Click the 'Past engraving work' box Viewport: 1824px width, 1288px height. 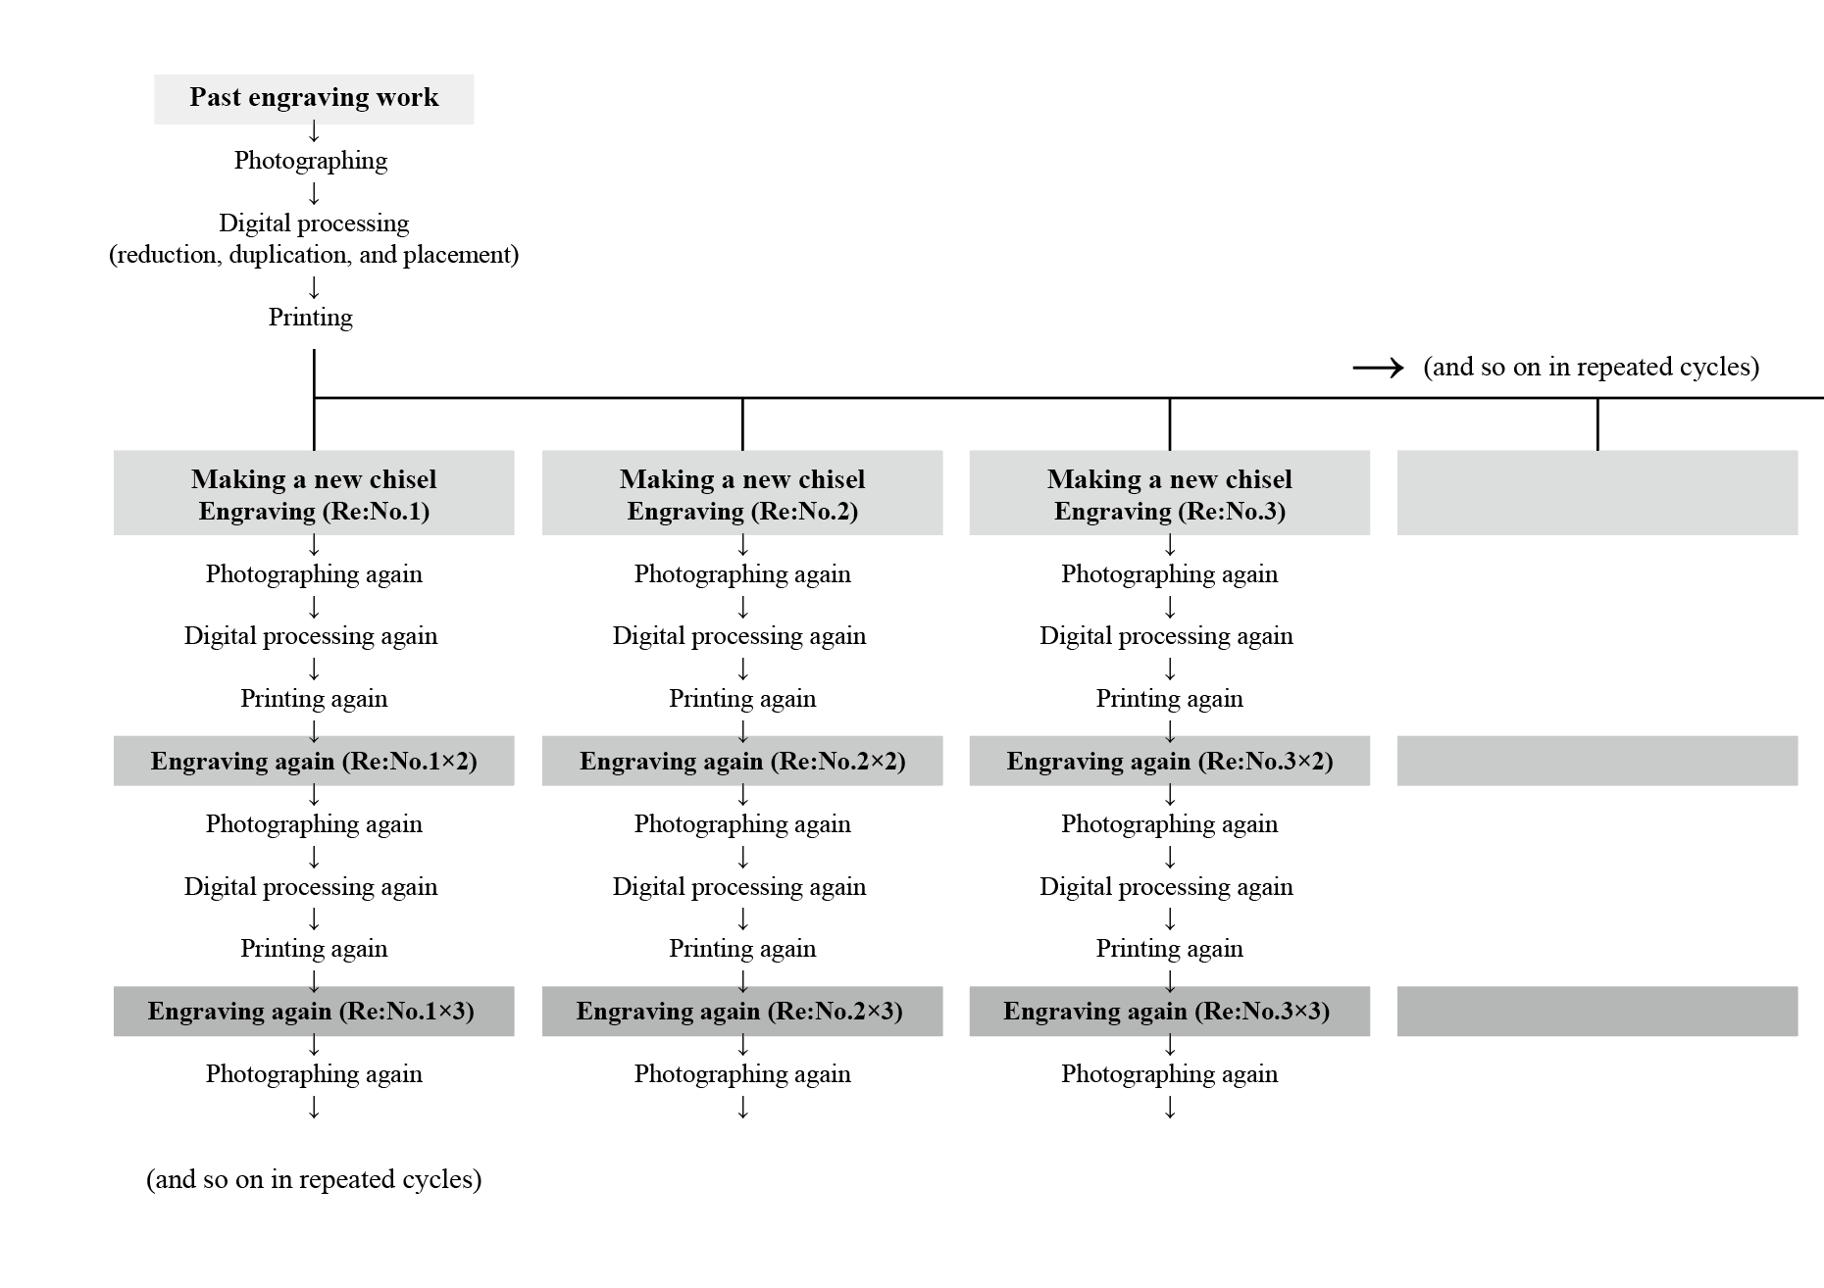click(x=314, y=98)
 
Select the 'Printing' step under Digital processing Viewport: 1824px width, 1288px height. click(x=311, y=318)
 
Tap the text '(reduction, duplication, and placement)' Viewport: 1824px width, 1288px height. click(x=314, y=255)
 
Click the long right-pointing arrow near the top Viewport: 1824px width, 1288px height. click(x=1378, y=368)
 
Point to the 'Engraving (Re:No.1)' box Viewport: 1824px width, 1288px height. click(x=314, y=493)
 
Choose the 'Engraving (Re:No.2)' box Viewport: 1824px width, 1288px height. click(x=742, y=493)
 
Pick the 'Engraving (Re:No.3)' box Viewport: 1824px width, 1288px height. click(x=1170, y=493)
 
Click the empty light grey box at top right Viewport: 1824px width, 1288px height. click(x=1597, y=493)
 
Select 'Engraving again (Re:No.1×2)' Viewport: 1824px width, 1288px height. click(x=314, y=762)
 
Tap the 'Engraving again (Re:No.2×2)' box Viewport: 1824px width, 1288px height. click(x=742, y=762)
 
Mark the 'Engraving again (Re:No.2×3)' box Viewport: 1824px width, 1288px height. click(x=742, y=1012)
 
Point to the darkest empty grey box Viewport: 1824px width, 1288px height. click(x=1597, y=1012)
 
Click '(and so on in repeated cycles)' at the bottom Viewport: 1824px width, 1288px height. click(x=314, y=1179)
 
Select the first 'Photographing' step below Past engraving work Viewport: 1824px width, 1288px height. click(x=311, y=161)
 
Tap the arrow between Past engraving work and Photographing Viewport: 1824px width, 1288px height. click(x=314, y=130)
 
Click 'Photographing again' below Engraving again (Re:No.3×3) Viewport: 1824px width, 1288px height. click(x=1170, y=1074)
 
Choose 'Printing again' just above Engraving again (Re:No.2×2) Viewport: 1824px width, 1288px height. click(x=742, y=699)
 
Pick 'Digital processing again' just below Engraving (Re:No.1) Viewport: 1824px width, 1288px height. click(x=311, y=636)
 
